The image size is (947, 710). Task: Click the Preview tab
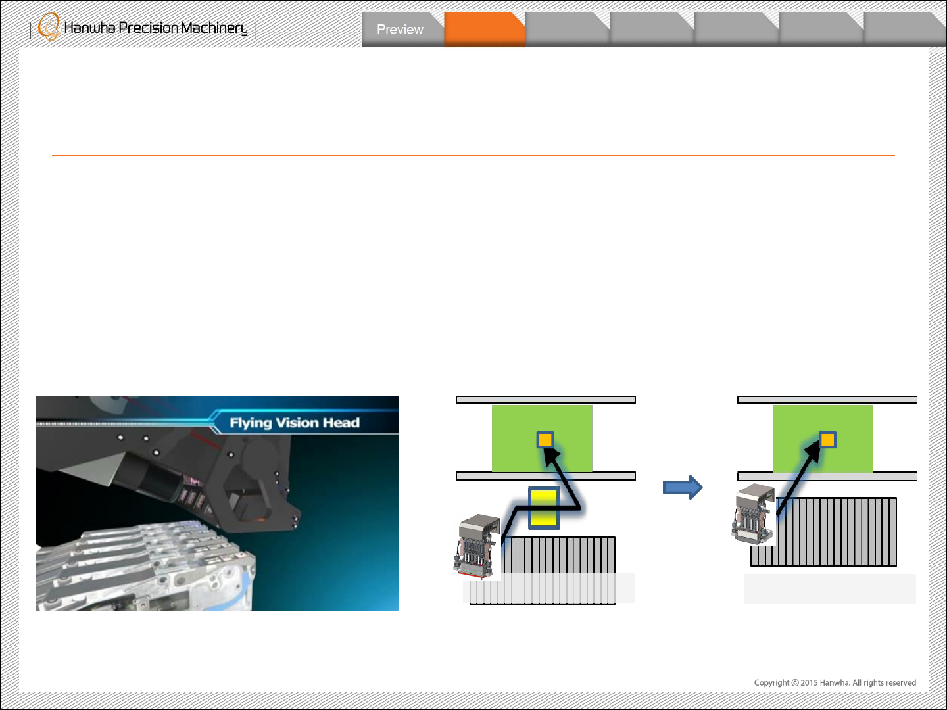pos(400,30)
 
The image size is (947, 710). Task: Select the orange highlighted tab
pos(484,30)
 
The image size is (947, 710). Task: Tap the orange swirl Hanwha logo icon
pos(48,27)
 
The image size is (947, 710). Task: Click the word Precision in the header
pos(148,28)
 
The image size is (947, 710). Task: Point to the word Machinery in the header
pos(214,28)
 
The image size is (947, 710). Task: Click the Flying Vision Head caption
pos(295,423)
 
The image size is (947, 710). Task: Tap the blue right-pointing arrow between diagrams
pos(683,487)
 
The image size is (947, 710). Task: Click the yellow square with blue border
pos(544,508)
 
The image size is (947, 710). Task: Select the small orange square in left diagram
pos(545,439)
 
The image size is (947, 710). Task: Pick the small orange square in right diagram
pos(827,439)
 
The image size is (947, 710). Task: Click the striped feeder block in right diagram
pos(835,532)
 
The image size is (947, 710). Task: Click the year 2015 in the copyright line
pos(810,683)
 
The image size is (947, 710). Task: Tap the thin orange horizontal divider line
pos(473,156)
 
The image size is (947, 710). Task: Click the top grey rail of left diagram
pos(546,400)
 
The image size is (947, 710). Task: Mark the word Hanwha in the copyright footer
pos(835,683)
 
